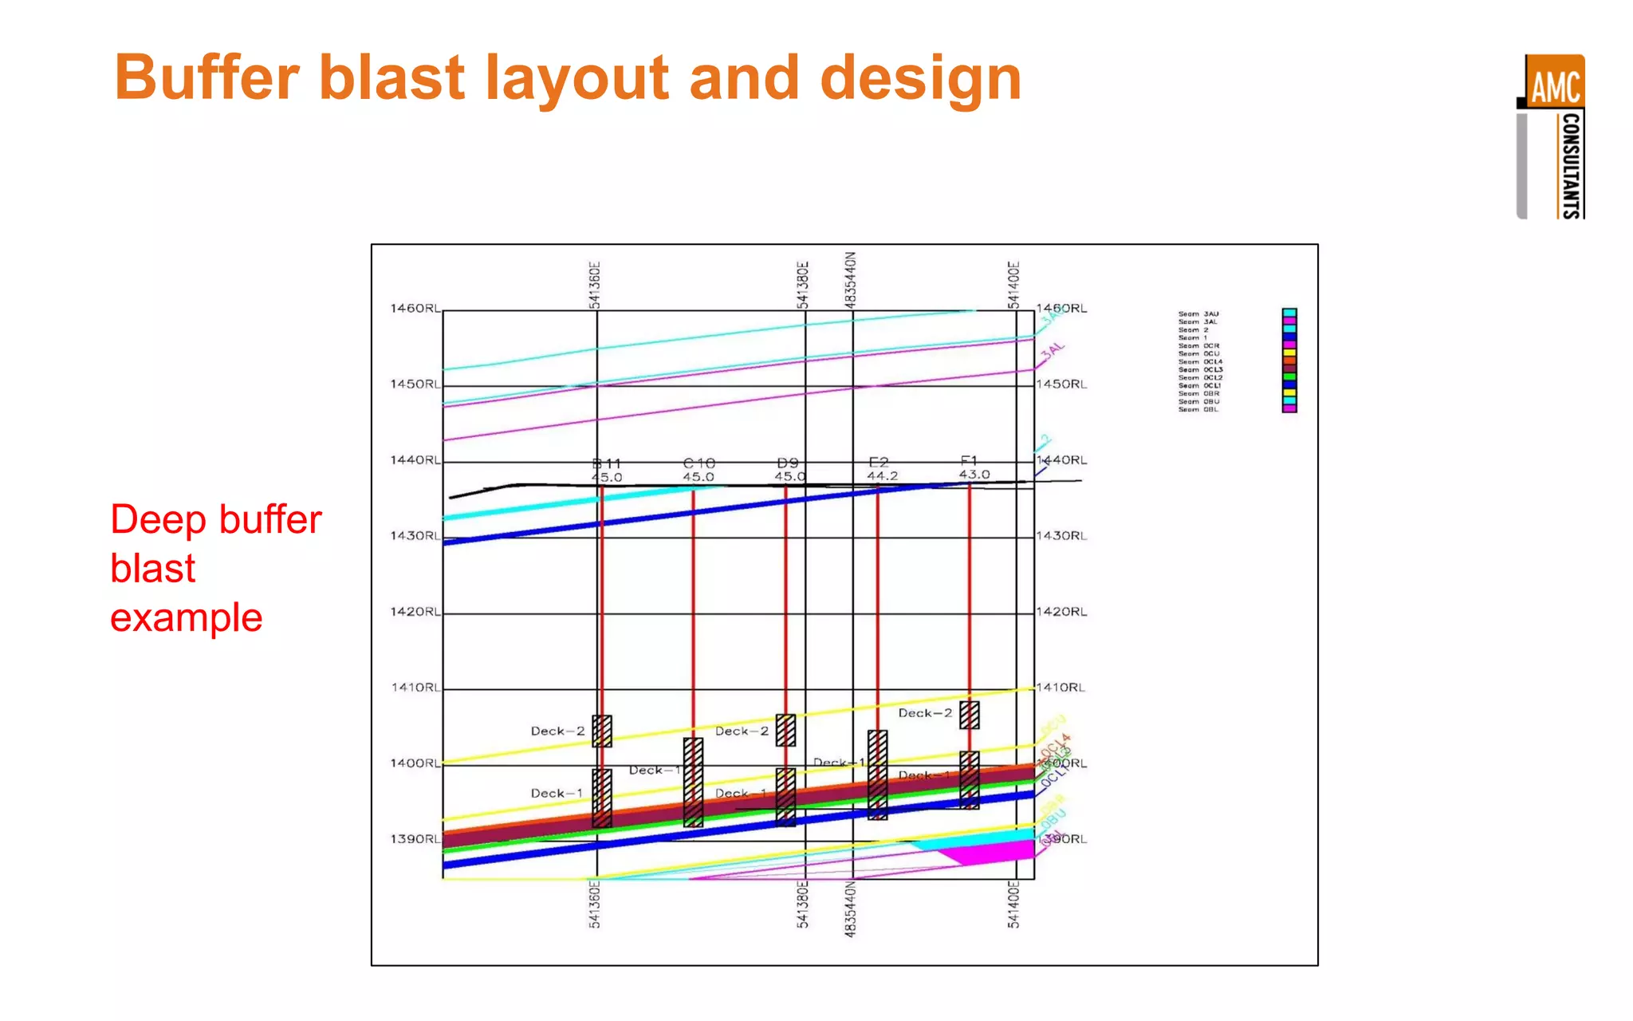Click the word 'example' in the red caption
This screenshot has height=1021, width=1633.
click(x=187, y=618)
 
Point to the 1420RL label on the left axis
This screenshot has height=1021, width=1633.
click(x=415, y=612)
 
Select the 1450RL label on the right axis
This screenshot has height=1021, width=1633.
click(x=1061, y=384)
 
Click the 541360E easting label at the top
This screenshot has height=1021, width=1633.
click(x=595, y=284)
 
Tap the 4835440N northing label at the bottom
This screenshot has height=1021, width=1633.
click(x=851, y=909)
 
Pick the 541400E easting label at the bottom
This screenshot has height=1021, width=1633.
click(x=1013, y=905)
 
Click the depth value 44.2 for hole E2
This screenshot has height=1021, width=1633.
click(x=883, y=476)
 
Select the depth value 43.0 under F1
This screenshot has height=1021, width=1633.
click(x=974, y=475)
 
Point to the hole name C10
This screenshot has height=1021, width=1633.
click(x=699, y=463)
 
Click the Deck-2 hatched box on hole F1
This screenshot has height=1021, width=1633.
click(x=970, y=715)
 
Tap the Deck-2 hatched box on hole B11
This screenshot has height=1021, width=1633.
click(x=602, y=731)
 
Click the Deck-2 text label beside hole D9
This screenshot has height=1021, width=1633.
click(x=742, y=731)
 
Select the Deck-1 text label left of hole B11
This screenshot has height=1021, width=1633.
click(x=557, y=794)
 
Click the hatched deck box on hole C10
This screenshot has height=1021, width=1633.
click(x=694, y=782)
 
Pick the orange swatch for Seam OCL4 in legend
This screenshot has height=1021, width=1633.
click(x=1289, y=361)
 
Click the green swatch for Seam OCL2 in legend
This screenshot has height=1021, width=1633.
click(x=1289, y=376)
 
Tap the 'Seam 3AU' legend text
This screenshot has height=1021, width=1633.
click(x=1198, y=314)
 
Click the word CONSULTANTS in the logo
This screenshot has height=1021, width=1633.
click(x=1570, y=165)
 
